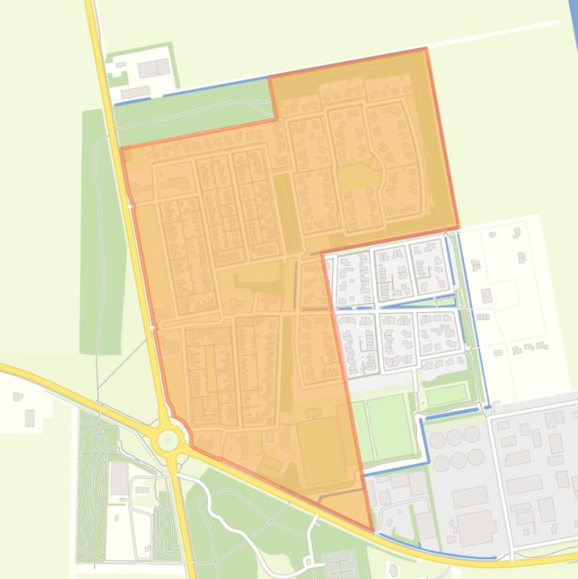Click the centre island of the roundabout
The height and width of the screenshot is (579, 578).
pos(168,441)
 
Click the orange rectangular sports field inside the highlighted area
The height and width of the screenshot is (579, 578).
pos(321,452)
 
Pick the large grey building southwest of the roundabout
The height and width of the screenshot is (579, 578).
pos(119,478)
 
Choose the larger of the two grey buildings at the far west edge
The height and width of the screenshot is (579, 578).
pos(29,417)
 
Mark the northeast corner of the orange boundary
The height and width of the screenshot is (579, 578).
pos(426,49)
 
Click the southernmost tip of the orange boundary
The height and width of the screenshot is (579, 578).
pos(371,529)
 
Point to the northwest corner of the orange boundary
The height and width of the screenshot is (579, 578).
pos(122,148)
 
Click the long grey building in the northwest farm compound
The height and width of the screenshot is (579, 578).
pos(135,92)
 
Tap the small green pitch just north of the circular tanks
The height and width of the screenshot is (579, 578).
pos(445,394)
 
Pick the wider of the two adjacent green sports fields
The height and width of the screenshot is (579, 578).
pos(389,427)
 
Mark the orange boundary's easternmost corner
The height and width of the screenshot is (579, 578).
pos(458,226)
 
